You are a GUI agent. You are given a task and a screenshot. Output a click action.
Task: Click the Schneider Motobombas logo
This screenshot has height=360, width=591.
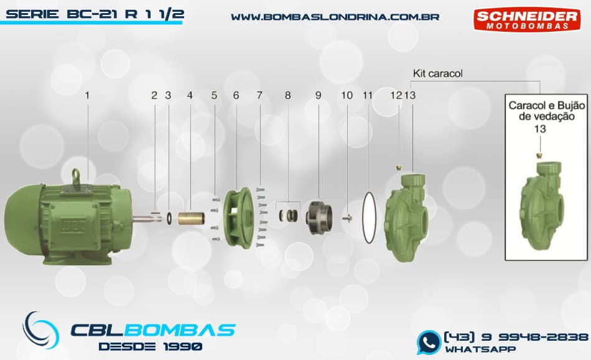pyautogui.click(x=526, y=19)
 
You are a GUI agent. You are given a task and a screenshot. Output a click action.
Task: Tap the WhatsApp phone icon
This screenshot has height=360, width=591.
pyautogui.click(x=428, y=343)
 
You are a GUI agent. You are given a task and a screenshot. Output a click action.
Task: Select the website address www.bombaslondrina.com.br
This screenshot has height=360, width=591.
pyautogui.click(x=335, y=17)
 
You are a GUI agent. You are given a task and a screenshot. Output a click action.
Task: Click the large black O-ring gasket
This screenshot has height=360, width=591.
pyautogui.click(x=369, y=217)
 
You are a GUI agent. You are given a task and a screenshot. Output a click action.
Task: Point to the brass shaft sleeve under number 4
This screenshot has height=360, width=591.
pyautogui.click(x=191, y=218)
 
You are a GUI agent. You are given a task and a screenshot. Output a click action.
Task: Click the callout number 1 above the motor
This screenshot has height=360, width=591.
pyautogui.click(x=87, y=95)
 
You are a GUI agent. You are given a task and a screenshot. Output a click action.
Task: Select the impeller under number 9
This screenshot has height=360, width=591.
pyautogui.click(x=319, y=217)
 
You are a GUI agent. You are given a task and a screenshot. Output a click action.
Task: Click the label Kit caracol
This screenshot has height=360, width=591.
pyautogui.click(x=437, y=73)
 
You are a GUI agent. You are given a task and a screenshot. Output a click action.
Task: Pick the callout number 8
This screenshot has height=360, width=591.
pyautogui.click(x=288, y=95)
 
